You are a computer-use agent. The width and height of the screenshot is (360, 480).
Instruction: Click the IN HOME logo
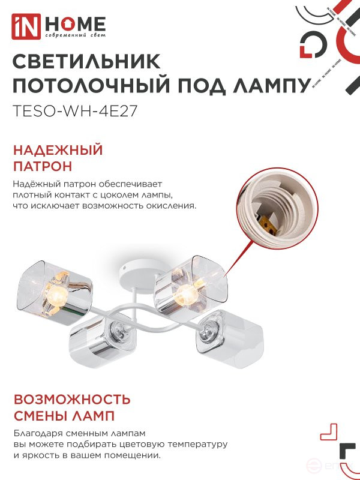point(59,26)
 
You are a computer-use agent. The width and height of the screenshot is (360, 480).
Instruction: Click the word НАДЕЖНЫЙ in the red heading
point(58,150)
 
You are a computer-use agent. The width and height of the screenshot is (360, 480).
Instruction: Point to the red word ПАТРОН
point(43,166)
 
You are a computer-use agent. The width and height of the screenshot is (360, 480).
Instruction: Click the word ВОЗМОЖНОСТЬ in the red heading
point(71,399)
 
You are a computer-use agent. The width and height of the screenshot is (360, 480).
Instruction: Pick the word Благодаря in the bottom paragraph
point(34,433)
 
